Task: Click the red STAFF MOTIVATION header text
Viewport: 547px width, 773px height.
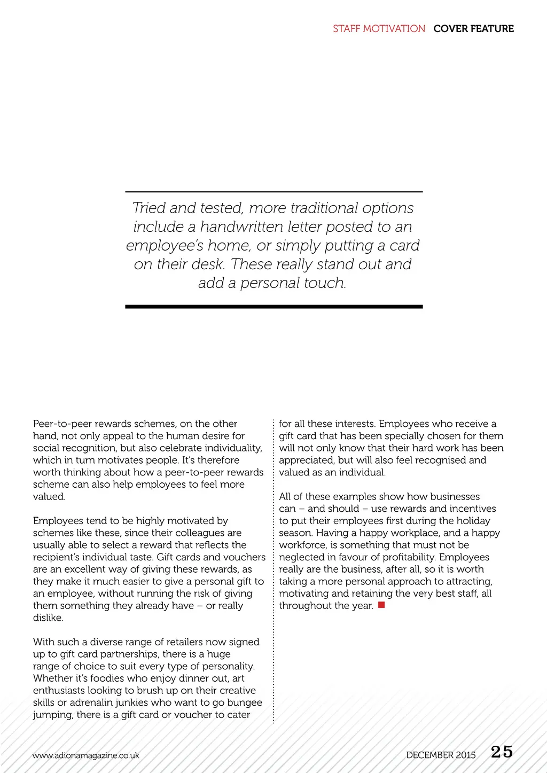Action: tap(379, 29)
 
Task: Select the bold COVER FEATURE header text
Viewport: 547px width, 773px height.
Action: tap(473, 29)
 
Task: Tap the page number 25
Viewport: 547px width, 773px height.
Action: tap(502, 752)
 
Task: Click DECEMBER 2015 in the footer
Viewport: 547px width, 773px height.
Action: tap(441, 755)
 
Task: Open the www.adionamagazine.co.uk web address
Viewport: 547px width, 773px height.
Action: tap(85, 755)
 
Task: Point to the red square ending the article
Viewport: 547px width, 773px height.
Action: tap(381, 605)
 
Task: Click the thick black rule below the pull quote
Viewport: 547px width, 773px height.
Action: tap(273, 307)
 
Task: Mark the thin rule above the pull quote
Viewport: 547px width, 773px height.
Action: tap(273, 191)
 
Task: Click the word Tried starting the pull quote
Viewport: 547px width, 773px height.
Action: tap(149, 208)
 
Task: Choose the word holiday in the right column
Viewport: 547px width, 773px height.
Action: tap(473, 521)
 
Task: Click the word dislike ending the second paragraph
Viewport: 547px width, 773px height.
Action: tap(47, 618)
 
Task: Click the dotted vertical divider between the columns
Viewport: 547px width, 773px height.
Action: tap(273, 572)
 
